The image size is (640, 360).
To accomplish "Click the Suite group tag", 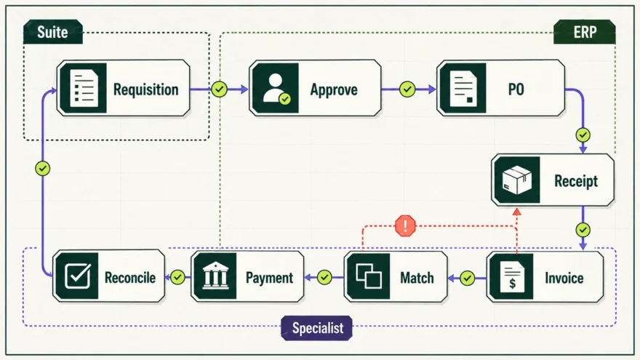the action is pyautogui.click(x=53, y=32).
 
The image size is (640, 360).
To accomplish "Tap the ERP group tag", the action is pyautogui.click(x=585, y=32).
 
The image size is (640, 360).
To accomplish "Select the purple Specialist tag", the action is pyautogui.click(x=317, y=328).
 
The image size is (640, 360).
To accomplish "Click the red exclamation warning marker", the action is pyautogui.click(x=405, y=225).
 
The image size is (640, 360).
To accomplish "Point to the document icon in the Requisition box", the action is pyautogui.click(x=84, y=88).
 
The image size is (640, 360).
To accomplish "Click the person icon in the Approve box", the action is pyautogui.click(x=276, y=88).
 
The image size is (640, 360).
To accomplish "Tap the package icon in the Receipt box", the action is pyautogui.click(x=517, y=180).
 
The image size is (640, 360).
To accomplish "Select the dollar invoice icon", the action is pyautogui.click(x=512, y=278).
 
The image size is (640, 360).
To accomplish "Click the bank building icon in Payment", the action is pyautogui.click(x=215, y=276).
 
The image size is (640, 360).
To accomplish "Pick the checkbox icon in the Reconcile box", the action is pyautogui.click(x=78, y=276).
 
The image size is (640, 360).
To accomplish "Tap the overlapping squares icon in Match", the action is pyautogui.click(x=369, y=276).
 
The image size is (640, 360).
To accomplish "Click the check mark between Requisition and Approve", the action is pyautogui.click(x=219, y=89).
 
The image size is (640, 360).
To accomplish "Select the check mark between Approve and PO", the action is pyautogui.click(x=407, y=89).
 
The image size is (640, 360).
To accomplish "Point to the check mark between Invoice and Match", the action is pyautogui.click(x=468, y=279).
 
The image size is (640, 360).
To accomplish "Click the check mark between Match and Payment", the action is pyautogui.click(x=324, y=278).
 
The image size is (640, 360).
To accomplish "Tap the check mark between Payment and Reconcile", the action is pyautogui.click(x=177, y=278).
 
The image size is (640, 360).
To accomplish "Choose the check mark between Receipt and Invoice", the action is pyautogui.click(x=583, y=230).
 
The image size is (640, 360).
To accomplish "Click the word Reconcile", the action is pyautogui.click(x=130, y=278).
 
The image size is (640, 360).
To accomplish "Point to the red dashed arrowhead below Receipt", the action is pyautogui.click(x=517, y=212).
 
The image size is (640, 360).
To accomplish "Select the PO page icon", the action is pyautogui.click(x=464, y=88).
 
